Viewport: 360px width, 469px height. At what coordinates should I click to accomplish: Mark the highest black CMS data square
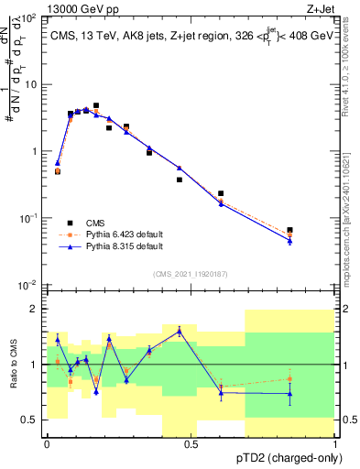[x=96, y=106]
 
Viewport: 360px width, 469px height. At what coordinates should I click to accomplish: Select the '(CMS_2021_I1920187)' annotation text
[x=190, y=273]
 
